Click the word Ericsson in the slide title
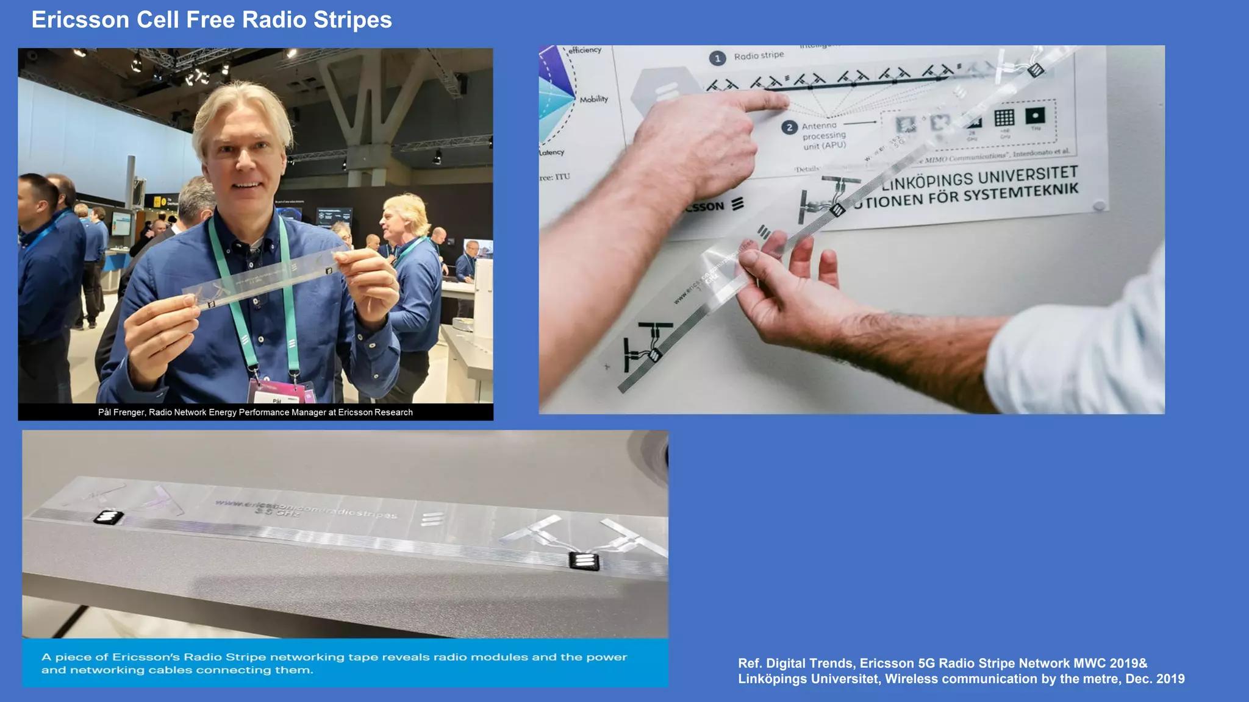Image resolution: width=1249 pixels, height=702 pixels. click(80, 20)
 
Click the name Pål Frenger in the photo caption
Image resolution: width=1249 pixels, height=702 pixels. click(121, 413)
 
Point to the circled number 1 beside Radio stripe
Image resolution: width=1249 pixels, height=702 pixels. click(717, 58)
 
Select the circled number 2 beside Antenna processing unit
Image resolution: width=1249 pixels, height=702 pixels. click(789, 127)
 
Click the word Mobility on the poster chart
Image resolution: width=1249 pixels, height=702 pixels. click(593, 99)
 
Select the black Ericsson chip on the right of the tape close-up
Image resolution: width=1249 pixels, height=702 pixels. click(584, 561)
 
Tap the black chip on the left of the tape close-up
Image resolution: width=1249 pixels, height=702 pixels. click(109, 518)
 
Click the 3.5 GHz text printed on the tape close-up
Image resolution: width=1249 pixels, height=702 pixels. click(277, 512)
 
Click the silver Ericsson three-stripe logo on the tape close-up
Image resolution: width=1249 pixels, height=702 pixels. click(432, 519)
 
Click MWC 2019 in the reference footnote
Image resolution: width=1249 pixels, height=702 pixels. click(1109, 663)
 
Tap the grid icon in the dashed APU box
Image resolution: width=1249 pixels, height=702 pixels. click(1004, 118)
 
